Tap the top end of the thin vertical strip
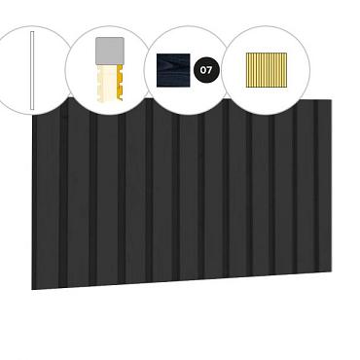[32, 35]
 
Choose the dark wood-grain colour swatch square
[174, 69]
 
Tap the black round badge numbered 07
[205, 70]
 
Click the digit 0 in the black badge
[202, 70]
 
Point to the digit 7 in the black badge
[208, 70]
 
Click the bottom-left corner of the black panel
[32, 289]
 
